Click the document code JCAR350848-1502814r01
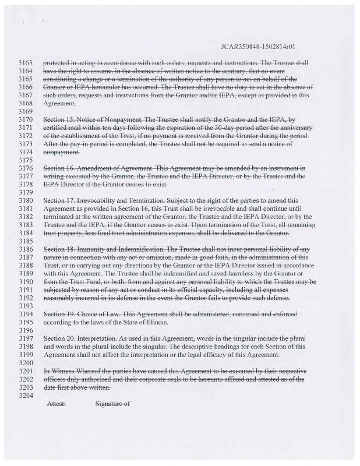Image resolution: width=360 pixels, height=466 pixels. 260,45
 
